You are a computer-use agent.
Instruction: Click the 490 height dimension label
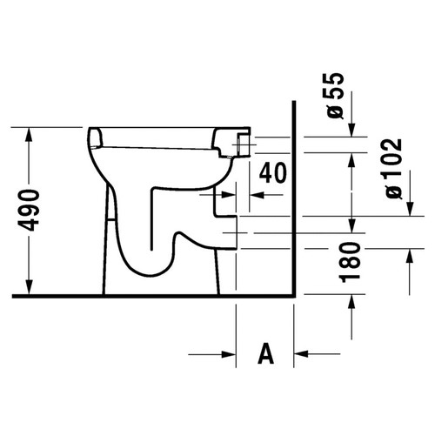[29, 210]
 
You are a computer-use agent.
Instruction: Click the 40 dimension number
[272, 173]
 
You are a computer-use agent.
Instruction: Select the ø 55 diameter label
[335, 96]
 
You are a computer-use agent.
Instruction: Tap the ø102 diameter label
[393, 169]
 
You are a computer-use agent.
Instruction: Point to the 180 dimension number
[350, 263]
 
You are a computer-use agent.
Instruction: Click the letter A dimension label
[265, 353]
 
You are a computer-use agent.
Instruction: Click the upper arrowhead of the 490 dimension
[29, 135]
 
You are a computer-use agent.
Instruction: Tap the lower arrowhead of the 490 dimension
[29, 287]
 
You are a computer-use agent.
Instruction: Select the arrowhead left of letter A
[229, 354]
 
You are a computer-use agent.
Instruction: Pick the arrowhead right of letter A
[301, 354]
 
